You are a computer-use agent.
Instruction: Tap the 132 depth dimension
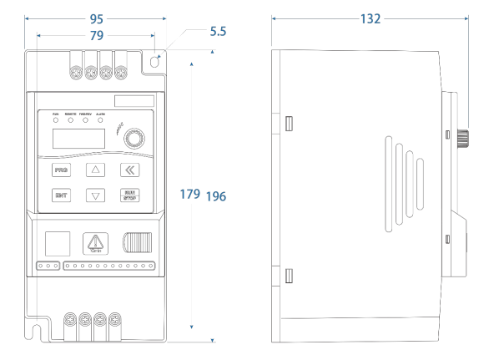click(x=371, y=18)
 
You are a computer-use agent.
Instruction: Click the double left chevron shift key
click(x=130, y=170)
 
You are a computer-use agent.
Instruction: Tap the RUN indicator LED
click(x=56, y=120)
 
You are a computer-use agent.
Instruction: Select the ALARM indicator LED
click(x=100, y=120)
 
